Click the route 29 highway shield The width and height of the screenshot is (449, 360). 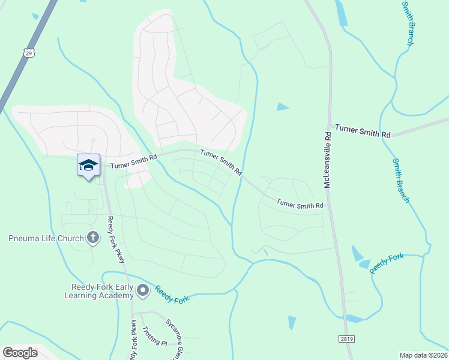point(29,53)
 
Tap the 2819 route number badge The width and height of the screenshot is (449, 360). point(346,339)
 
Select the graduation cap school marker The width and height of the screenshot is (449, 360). point(88,165)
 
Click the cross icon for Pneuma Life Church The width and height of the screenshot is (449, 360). point(92,238)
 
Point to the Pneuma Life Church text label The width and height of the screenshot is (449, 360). point(46,239)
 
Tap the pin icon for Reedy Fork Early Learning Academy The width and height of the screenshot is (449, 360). point(143,291)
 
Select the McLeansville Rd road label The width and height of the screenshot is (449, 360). point(328,159)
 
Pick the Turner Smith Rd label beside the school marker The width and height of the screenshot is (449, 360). point(132,160)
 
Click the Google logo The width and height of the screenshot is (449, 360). point(20,353)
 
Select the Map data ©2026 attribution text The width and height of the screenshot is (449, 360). point(423,355)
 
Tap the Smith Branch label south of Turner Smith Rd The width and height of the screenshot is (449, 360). point(401,181)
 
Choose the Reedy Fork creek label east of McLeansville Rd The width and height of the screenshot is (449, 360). point(387,264)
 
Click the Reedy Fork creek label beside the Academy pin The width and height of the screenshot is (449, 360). point(172,294)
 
